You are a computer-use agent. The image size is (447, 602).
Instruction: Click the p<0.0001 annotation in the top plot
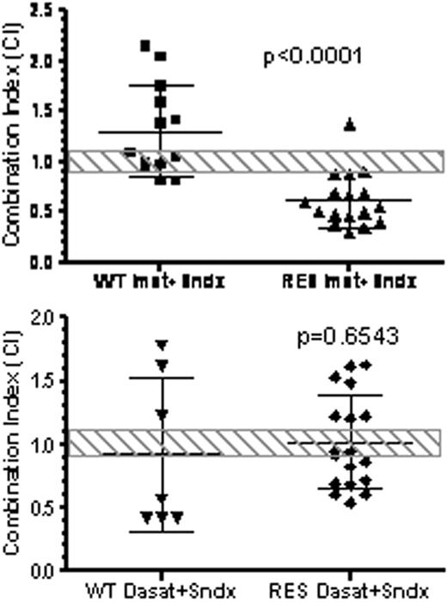click(312, 58)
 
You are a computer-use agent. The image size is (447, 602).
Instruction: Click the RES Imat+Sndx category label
click(350, 281)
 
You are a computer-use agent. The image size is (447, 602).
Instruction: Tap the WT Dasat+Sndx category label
click(160, 590)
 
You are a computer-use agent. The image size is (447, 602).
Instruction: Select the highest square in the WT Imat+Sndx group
click(145, 45)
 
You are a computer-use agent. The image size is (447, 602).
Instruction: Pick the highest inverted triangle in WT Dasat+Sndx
click(161, 345)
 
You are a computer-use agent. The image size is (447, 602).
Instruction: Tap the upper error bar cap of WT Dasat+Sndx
click(161, 378)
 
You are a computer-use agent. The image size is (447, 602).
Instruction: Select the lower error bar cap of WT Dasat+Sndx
click(161, 531)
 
